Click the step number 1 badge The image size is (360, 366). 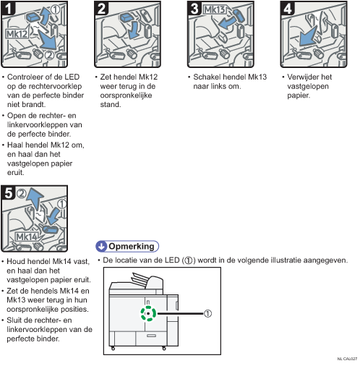pyautogui.click(x=8, y=8)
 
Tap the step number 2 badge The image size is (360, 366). pyautogui.click(x=101, y=8)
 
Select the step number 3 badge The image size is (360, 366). pyautogui.click(x=194, y=8)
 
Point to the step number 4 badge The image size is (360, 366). pyautogui.click(x=288, y=8)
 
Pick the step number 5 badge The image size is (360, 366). pyautogui.click(x=8, y=193)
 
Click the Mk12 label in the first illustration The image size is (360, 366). pyautogui.click(x=17, y=34)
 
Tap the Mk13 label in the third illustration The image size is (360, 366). pyautogui.click(x=215, y=9)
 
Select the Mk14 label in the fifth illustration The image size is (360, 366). pyautogui.click(x=27, y=237)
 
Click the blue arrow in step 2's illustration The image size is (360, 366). pyautogui.click(x=134, y=30)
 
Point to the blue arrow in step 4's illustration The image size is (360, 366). pyautogui.click(x=309, y=37)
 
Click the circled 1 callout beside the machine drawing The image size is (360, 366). pyautogui.click(x=207, y=313)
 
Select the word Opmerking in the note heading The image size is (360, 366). pyautogui.click(x=132, y=246)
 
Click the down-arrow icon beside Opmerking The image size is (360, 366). pyautogui.click(x=101, y=246)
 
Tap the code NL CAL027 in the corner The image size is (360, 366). pyautogui.click(x=347, y=359)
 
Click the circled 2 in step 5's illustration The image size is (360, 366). pyautogui.click(x=22, y=193)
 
